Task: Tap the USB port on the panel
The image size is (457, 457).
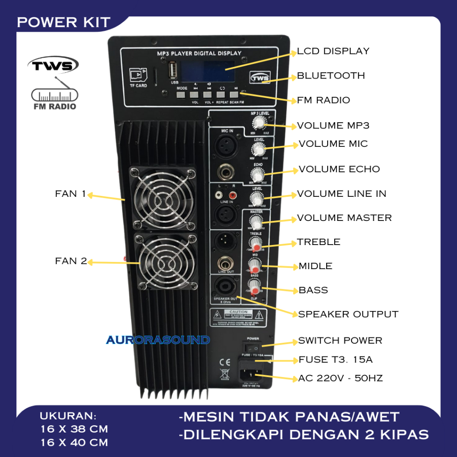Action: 174,71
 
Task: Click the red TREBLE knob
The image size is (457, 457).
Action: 255,244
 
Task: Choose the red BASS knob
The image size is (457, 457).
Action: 254,285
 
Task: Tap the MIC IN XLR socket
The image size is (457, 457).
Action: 226,145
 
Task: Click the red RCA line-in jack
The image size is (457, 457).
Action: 232,195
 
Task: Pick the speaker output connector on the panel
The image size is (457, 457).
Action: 226,286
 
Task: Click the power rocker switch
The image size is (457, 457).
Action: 253,347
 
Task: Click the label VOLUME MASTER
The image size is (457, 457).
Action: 344,218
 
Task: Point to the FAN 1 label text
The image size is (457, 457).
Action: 70,194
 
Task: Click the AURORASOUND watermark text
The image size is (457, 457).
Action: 158,340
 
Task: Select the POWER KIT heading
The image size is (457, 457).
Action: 63,22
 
